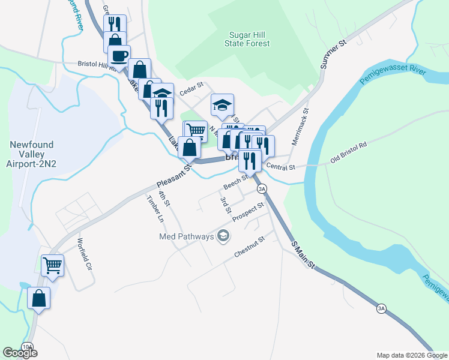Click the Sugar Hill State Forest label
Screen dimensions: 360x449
tap(247, 39)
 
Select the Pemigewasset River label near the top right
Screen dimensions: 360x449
tap(393, 76)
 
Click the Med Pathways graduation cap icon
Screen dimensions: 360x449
tap(224, 236)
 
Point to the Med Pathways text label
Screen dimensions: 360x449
tap(187, 236)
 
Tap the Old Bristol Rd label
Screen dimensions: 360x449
tap(349, 154)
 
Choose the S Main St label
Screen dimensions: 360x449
tap(303, 254)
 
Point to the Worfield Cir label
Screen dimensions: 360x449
tap(84, 254)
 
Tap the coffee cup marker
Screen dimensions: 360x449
tap(119, 56)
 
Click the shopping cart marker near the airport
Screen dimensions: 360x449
tap(52, 264)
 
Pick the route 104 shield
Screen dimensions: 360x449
tap(28, 347)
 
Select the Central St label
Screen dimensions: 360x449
tap(280, 167)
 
